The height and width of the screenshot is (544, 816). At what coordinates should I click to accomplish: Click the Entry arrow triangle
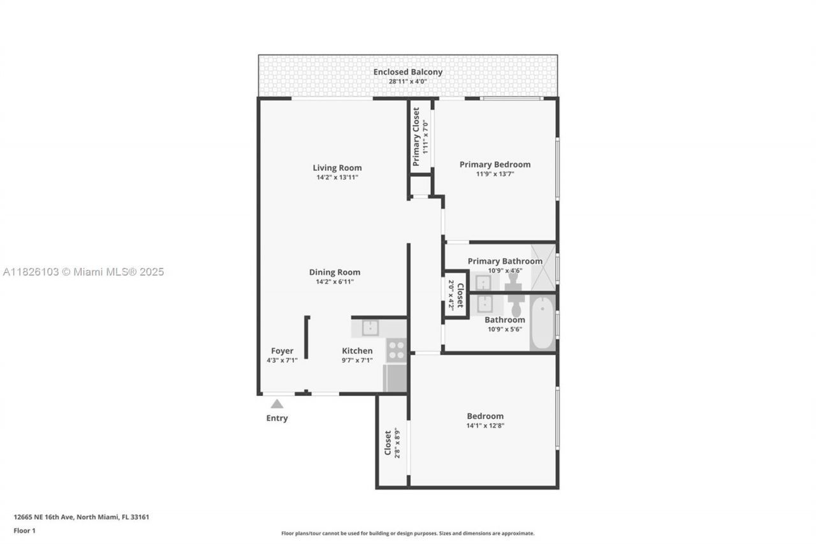click(x=277, y=404)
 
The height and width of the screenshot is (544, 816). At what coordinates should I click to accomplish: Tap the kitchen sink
click(x=370, y=328)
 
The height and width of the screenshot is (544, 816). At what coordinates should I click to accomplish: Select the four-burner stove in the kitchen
click(x=396, y=351)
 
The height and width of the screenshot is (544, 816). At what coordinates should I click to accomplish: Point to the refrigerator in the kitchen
click(x=395, y=378)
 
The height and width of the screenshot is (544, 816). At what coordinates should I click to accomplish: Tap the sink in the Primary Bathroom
click(x=483, y=282)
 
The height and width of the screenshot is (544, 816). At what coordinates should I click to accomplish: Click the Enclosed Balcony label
click(x=408, y=72)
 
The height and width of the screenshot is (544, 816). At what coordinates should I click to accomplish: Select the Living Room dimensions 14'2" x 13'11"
click(x=337, y=177)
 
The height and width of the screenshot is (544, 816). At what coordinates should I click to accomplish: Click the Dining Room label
click(x=335, y=272)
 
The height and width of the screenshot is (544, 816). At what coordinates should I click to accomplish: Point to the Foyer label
click(x=282, y=351)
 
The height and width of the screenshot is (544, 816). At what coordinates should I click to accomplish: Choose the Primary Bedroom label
click(x=495, y=165)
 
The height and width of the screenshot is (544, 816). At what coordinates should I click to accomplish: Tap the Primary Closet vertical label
click(x=416, y=136)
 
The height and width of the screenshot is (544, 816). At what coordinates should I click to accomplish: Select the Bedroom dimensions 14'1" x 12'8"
click(x=485, y=425)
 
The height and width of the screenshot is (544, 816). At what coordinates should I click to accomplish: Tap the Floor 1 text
click(x=25, y=530)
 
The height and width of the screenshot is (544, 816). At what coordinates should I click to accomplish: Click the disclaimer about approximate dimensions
click(x=408, y=533)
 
